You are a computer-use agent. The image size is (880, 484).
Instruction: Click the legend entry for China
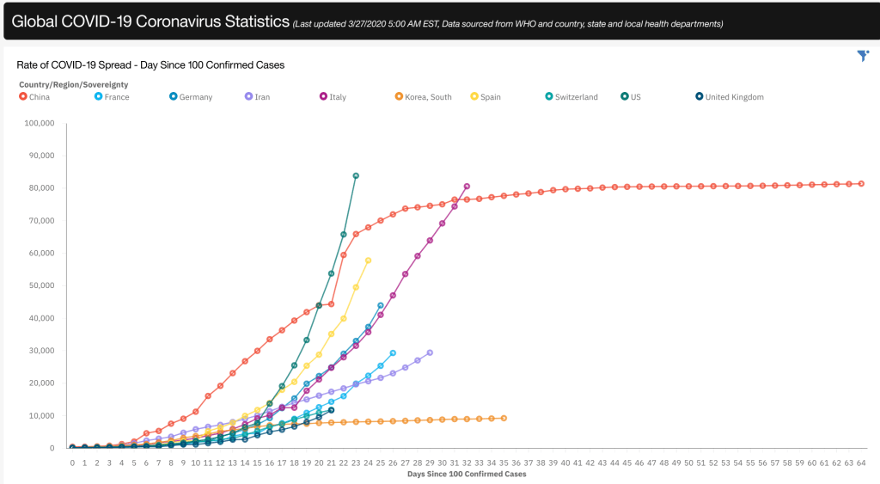click(x=35, y=97)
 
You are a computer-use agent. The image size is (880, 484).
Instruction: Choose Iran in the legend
click(x=258, y=97)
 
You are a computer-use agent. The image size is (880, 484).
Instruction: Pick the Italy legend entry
click(x=333, y=97)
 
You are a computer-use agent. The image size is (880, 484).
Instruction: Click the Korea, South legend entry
click(x=424, y=97)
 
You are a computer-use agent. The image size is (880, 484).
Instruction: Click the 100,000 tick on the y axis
click(x=40, y=123)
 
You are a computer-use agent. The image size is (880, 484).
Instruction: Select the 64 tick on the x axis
click(x=861, y=463)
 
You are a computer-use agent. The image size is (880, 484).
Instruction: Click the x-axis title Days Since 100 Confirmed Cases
click(x=467, y=474)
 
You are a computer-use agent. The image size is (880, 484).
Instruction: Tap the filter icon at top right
click(x=863, y=56)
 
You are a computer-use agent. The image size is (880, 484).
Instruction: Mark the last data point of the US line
click(x=356, y=175)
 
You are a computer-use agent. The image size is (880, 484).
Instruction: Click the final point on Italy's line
click(x=467, y=186)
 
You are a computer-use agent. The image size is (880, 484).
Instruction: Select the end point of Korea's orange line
click(x=504, y=418)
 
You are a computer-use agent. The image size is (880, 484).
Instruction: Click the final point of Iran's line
click(x=430, y=352)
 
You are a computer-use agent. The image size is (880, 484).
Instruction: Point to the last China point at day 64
click(x=861, y=183)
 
